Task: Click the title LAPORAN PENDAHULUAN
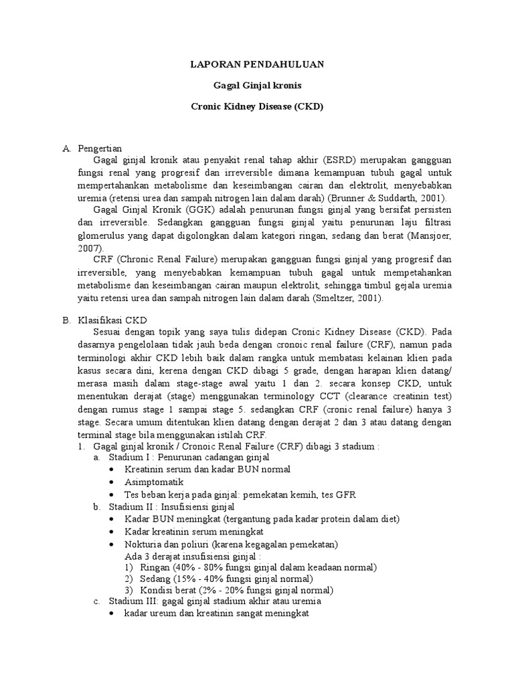pos(257,64)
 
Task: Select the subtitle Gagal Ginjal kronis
pos(257,86)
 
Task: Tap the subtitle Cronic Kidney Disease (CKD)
pos(257,106)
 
